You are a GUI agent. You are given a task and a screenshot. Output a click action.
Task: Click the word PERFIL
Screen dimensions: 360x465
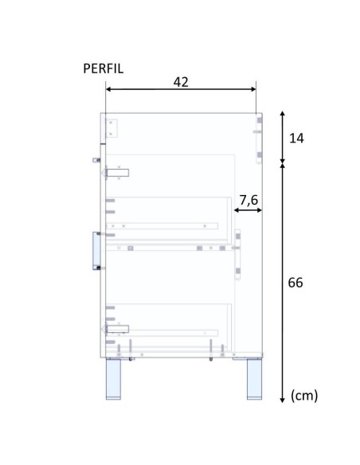point(103,68)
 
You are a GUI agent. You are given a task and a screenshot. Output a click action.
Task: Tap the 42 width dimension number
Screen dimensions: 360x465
point(181,82)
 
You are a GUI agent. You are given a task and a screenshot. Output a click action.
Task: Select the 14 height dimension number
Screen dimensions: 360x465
point(296,139)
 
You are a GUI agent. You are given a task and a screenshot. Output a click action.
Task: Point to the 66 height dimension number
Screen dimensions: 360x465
point(295,283)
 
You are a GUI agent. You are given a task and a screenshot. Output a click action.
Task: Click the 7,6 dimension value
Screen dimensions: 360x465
point(248,200)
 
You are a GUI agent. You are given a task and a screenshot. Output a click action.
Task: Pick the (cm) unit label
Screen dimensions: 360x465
point(304,396)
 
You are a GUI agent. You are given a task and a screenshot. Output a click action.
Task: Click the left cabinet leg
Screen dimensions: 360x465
point(113,379)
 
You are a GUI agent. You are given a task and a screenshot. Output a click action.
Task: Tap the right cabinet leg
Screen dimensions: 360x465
point(254,379)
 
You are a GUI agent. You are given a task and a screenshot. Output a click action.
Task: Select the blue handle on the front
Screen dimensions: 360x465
point(96,251)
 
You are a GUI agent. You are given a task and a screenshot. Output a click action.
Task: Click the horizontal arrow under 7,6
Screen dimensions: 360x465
point(248,210)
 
